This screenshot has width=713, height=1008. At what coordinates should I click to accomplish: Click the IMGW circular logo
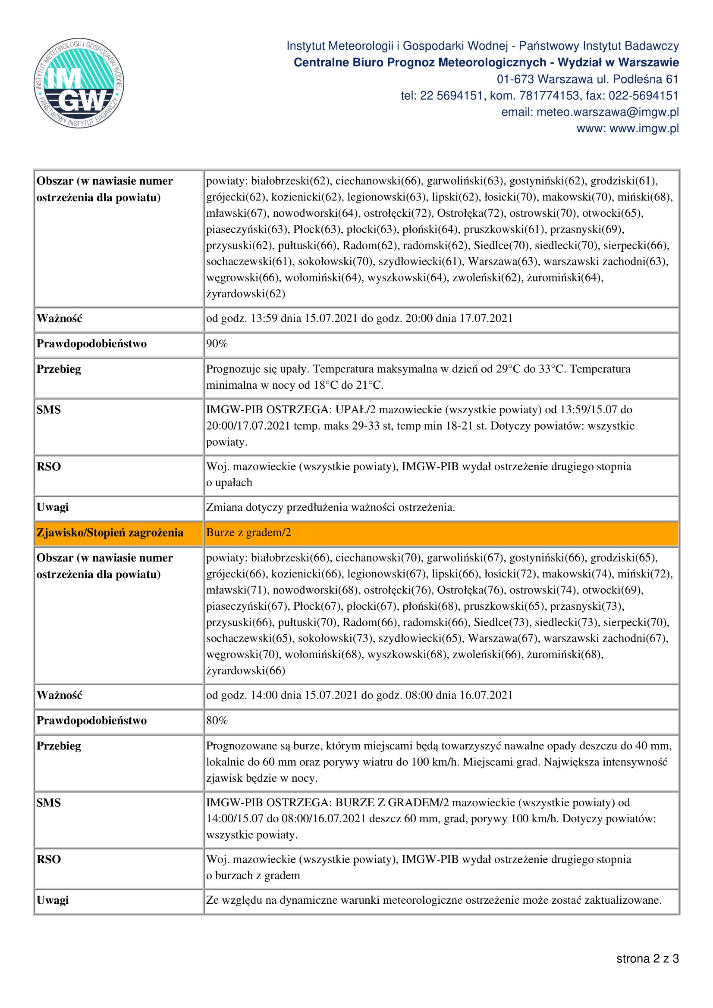pyautogui.click(x=79, y=84)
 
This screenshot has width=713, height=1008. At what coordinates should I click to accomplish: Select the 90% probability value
pyautogui.click(x=217, y=344)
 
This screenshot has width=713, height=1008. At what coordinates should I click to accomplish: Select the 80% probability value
pyautogui.click(x=217, y=721)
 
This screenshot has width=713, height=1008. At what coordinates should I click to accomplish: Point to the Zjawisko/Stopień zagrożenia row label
pyautogui.click(x=110, y=533)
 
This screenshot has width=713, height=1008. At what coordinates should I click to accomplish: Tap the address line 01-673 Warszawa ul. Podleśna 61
pyautogui.click(x=587, y=79)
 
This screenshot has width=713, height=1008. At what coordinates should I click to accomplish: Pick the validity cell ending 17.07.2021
pyautogui.click(x=359, y=318)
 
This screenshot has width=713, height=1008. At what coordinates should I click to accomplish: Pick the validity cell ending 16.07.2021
pyautogui.click(x=359, y=695)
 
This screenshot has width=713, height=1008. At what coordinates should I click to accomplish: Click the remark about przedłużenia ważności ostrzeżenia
pyautogui.click(x=330, y=508)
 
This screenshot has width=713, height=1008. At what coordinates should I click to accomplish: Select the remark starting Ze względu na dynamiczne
pyautogui.click(x=433, y=900)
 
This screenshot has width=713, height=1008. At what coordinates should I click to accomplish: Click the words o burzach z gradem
pyautogui.click(x=253, y=875)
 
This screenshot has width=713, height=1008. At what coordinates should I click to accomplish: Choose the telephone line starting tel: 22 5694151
pyautogui.click(x=540, y=96)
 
